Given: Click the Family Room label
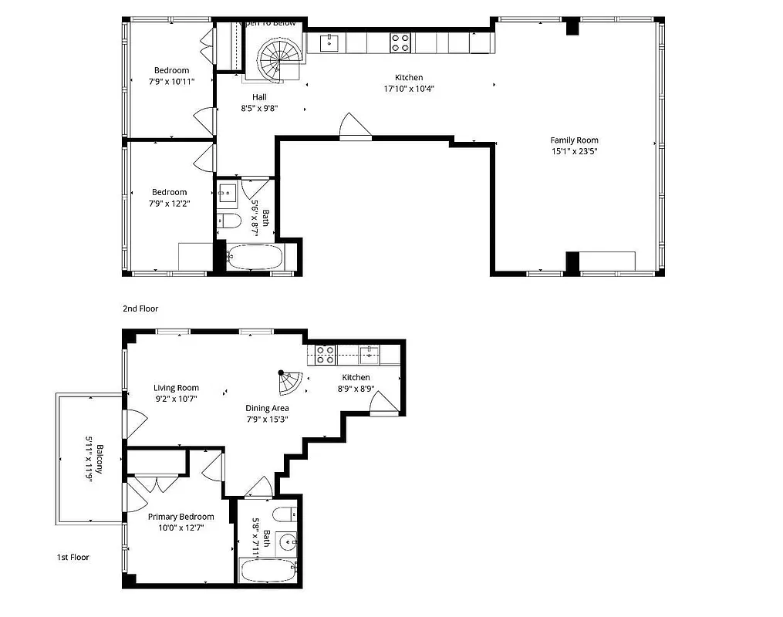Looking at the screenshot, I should click(574, 140).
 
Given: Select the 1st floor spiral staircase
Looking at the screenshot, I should click(291, 380).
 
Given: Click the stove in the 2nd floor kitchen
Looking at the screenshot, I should click(400, 42).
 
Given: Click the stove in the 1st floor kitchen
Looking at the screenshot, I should click(325, 355).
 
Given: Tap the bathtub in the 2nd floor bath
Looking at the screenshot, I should click(255, 258).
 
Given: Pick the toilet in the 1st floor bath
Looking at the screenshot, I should click(282, 514).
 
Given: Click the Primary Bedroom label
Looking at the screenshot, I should click(181, 517).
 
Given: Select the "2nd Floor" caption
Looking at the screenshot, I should click(140, 308).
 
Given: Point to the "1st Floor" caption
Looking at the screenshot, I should click(73, 557).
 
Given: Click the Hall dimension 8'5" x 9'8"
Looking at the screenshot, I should click(259, 109).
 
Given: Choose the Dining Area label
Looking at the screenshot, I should click(267, 408).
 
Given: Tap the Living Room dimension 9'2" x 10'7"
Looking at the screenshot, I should click(176, 399).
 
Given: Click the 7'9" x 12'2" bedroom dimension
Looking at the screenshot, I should click(169, 204).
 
